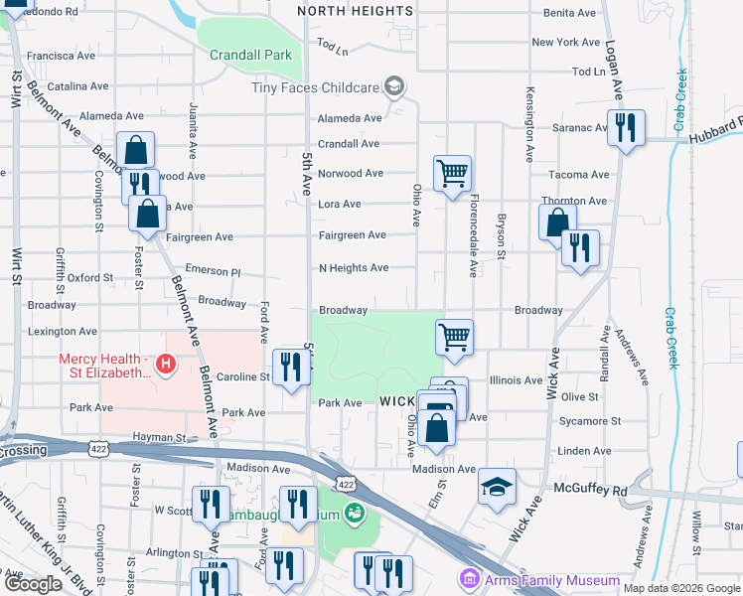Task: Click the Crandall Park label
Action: (x=250, y=55)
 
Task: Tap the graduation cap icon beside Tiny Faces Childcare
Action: (x=394, y=87)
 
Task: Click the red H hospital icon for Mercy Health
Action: (x=165, y=366)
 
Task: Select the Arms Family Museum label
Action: (x=550, y=580)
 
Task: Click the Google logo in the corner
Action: (x=34, y=584)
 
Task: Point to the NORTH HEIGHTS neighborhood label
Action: (x=355, y=11)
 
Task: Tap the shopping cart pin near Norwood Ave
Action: (x=452, y=174)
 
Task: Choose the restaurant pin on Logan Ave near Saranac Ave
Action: (x=626, y=128)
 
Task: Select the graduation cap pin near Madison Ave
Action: (x=497, y=487)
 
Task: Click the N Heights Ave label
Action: (x=353, y=268)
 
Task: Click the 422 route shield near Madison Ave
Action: (x=345, y=484)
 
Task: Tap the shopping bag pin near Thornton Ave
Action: (x=557, y=222)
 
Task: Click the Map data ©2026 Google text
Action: (x=681, y=588)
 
